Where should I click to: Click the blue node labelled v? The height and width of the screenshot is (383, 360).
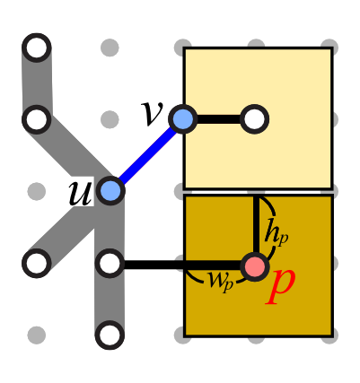tap(183, 119)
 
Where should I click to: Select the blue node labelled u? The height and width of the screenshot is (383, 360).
tap(110, 191)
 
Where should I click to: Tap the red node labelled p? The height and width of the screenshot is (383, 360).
tap(255, 266)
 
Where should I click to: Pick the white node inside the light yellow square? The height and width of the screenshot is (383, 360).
tap(255, 119)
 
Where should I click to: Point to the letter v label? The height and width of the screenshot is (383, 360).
tap(152, 114)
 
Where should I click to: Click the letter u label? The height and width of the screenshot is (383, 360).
tap(80, 193)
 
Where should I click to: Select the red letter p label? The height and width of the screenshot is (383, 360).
tap(281, 285)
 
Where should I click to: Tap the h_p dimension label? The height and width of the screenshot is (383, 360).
tap(276, 236)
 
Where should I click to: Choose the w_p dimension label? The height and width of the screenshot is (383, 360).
tap(221, 283)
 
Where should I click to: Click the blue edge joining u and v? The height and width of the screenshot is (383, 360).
tap(146, 155)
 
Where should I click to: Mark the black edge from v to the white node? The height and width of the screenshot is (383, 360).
tap(219, 119)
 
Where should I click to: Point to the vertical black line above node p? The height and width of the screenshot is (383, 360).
tap(256, 224)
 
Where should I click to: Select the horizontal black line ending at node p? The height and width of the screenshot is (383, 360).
tap(183, 265)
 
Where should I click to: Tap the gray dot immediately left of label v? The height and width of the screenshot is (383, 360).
tap(110, 119)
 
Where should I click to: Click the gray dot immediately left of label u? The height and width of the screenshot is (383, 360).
tap(37, 191)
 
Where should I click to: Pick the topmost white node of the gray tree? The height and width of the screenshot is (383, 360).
tap(37, 48)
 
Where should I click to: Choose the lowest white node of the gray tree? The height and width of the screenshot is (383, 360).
tap(110, 335)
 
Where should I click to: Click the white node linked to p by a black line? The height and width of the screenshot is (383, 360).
tap(110, 264)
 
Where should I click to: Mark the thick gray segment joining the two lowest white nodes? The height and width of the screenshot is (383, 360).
tap(110, 300)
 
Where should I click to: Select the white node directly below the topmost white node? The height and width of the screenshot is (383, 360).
tap(37, 119)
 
